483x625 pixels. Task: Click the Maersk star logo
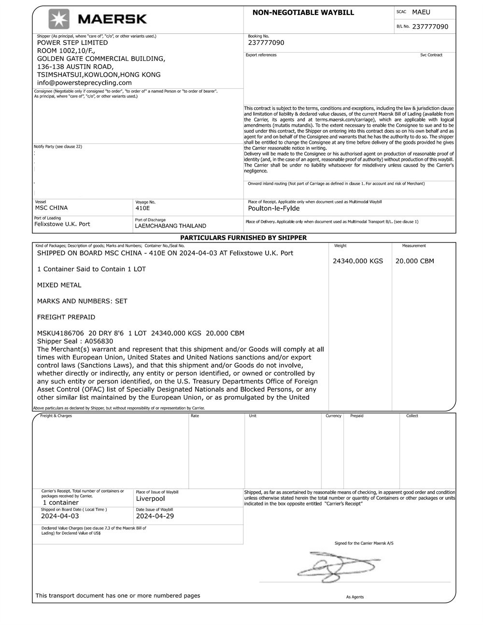point(59,19)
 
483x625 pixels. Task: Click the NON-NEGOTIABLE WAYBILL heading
point(303,13)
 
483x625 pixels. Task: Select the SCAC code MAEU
point(421,12)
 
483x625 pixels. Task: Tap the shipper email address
point(84,83)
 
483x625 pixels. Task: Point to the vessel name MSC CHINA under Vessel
point(51,208)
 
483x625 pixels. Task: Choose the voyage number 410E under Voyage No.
point(142,208)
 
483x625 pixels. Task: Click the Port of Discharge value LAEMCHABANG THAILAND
point(170,226)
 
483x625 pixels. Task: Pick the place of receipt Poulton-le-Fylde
point(273,209)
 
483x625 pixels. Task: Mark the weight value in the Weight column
point(357,261)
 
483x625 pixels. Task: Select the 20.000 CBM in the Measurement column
point(414,261)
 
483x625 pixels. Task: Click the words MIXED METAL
point(59,285)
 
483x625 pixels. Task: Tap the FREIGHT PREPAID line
point(66,317)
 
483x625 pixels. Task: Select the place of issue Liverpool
point(150,498)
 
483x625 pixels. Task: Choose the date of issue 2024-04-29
point(155,516)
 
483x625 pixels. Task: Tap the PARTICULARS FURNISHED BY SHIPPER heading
point(243,238)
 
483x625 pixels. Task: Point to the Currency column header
point(333,416)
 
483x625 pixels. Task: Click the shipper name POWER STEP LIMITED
point(72,43)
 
